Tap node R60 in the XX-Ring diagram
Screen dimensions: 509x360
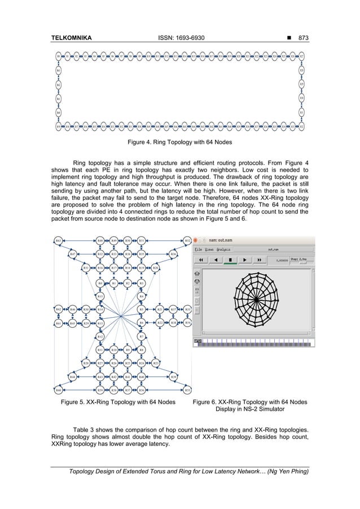58,390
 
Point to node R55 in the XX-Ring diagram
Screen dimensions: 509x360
187,390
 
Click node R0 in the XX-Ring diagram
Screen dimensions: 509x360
100,283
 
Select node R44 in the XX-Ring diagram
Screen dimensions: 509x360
73,376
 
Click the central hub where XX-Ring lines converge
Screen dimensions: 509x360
121,316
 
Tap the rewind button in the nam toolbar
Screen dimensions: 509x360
201,260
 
